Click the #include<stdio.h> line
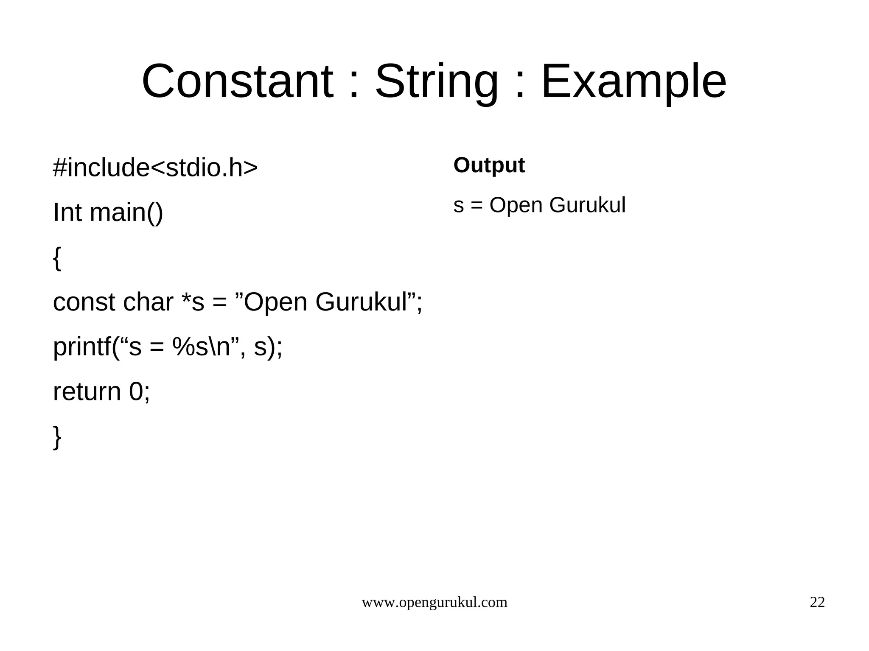coord(155,168)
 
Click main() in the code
coord(126,212)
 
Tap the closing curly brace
coord(57,437)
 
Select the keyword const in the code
coord(84,302)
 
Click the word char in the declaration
coord(148,302)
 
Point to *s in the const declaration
coord(193,302)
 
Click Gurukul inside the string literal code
coord(361,302)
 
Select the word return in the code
coord(87,391)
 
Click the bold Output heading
coord(489,165)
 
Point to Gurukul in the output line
coord(587,205)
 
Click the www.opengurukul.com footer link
coord(434,603)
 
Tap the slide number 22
coord(817,603)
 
